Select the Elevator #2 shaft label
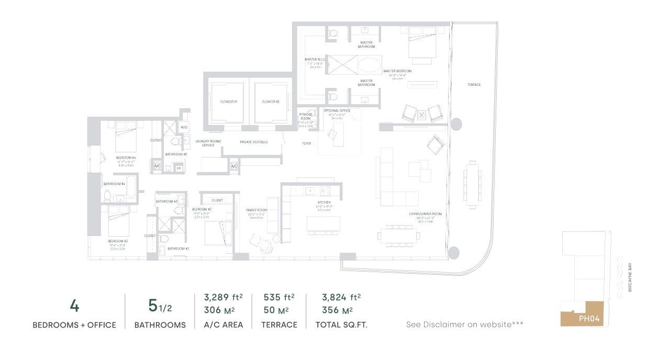pos(270,102)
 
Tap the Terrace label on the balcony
pos(474,85)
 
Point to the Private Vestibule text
pos(253,142)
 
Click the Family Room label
pos(257,210)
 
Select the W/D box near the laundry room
pos(184,127)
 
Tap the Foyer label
pos(307,143)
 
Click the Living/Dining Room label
pos(426,214)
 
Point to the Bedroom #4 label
pos(126,157)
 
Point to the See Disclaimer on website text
pos(464,325)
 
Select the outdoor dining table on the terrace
pos(473,184)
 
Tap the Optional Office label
pos(337,111)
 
